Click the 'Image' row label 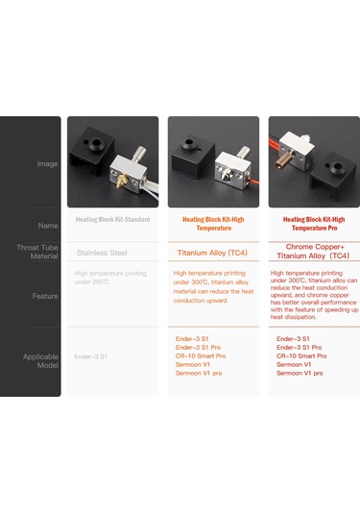coord(47,164)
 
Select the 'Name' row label coord(48,225)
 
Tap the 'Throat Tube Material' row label coord(43,252)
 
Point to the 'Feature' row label coord(46,297)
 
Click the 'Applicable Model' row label coord(41,360)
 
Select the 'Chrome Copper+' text coord(313,246)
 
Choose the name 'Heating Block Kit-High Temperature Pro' coord(313,225)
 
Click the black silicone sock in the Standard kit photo coord(91,157)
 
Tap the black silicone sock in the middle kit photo coord(194,158)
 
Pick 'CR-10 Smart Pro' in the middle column coord(201,355)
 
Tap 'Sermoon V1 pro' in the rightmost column coord(300,373)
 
